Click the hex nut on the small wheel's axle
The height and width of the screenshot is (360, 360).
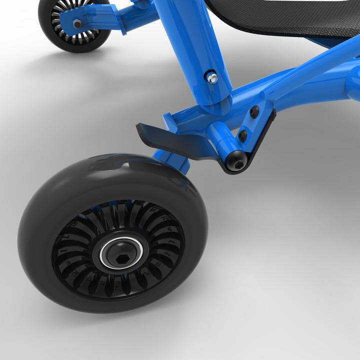coord(77,23)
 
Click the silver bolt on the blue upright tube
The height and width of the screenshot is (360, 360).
coord(212,77)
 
